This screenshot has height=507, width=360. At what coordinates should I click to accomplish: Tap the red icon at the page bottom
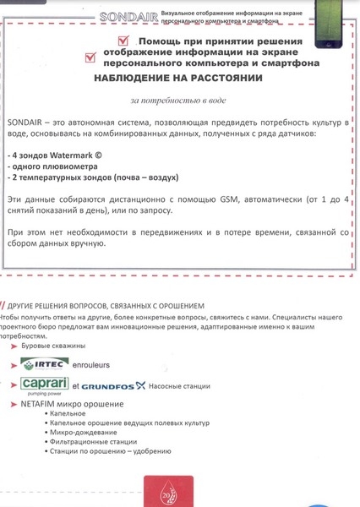point(168,491)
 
